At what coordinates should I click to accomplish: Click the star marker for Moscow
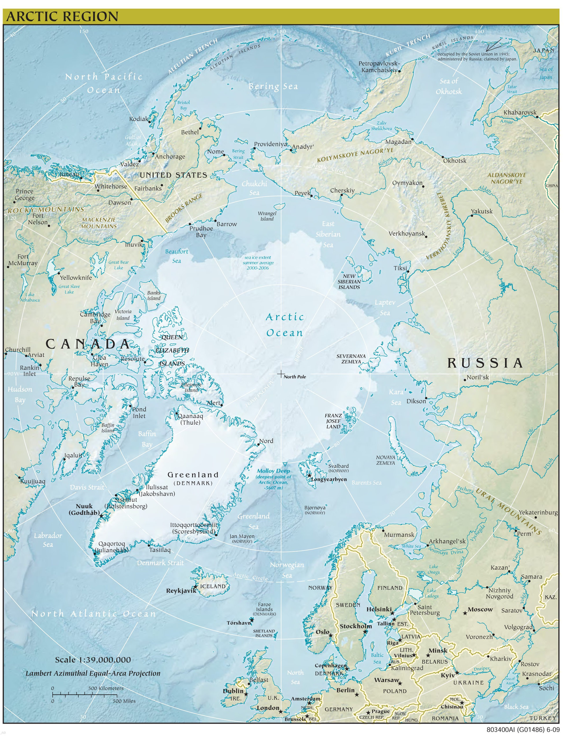465,613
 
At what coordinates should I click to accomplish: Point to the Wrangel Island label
267,216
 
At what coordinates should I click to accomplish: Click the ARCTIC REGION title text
62,16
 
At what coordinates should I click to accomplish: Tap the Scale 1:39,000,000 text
93,660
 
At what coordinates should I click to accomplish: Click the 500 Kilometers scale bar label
106,688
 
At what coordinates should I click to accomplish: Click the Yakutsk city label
482,211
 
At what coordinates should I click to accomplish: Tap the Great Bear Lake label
119,265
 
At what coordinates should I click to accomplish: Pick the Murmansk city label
399,534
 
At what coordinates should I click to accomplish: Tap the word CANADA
88,344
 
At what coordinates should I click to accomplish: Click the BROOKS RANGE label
184,208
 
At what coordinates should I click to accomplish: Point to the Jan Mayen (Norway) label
242,539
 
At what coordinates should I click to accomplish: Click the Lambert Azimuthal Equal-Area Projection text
93,674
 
